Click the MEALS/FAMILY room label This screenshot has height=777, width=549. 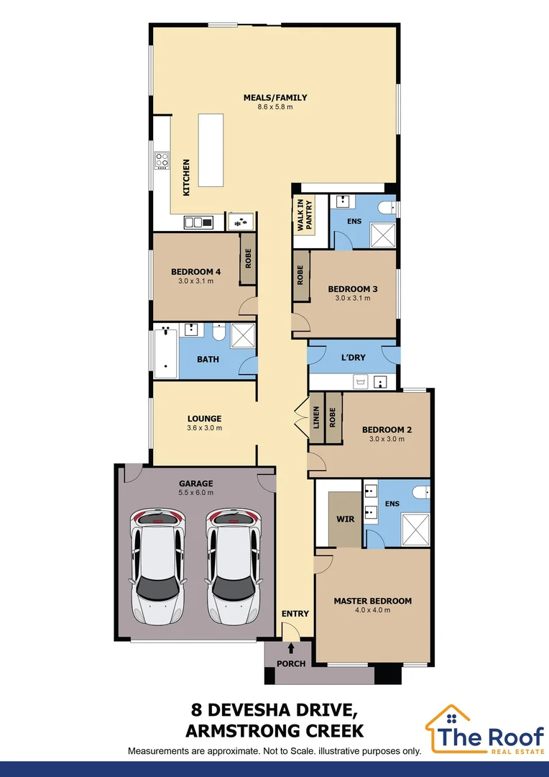point(275,98)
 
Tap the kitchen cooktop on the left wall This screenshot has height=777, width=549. point(162,160)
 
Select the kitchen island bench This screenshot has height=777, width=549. point(213,150)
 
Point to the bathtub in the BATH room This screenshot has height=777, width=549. point(165,353)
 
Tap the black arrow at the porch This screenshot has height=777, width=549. point(291,649)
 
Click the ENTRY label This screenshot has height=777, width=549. point(295,614)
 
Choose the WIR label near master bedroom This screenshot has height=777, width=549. point(346,519)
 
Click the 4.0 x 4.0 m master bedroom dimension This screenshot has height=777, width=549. point(372,610)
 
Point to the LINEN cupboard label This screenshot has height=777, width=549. point(316,419)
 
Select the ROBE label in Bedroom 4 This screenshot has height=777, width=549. point(249,259)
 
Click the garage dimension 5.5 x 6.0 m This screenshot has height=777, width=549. point(196,494)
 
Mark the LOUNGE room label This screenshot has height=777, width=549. point(205,419)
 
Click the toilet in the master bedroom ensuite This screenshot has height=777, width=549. point(421,492)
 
